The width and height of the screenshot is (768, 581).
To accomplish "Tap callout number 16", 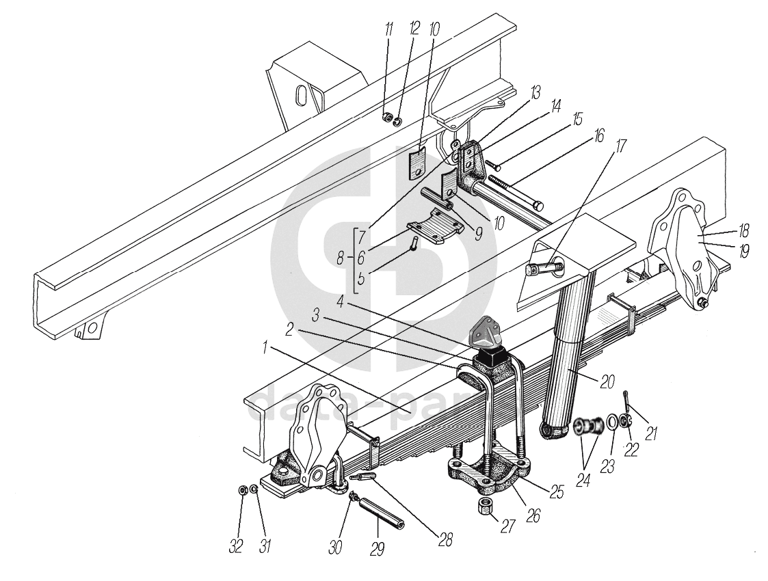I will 599,136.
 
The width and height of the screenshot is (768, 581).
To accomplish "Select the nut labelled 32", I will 242,489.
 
